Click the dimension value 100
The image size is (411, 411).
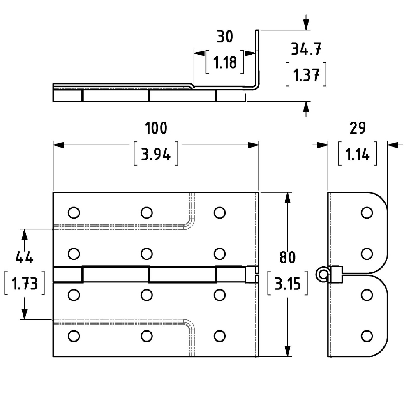[x=156, y=128]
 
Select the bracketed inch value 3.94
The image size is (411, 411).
[x=156, y=154]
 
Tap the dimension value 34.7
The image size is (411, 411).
[x=306, y=49]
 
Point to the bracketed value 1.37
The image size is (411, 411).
[x=306, y=74]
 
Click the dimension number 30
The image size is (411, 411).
[x=225, y=37]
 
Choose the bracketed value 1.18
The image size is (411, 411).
[x=225, y=62]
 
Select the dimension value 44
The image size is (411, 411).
[x=24, y=257]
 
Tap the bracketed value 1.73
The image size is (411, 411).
[x=24, y=283]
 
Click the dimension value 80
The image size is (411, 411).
[x=287, y=257]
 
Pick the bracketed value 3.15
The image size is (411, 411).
[x=287, y=283]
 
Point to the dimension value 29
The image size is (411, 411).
[x=358, y=128]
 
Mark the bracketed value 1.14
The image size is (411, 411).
[x=358, y=154]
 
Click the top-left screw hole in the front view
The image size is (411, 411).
[x=74, y=212]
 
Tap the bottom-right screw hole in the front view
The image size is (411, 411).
[x=219, y=336]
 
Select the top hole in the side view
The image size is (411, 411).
[x=367, y=212]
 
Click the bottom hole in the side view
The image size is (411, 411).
[x=367, y=336]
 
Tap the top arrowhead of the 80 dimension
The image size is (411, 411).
[x=288, y=198]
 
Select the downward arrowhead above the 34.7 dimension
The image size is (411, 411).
[x=306, y=25]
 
